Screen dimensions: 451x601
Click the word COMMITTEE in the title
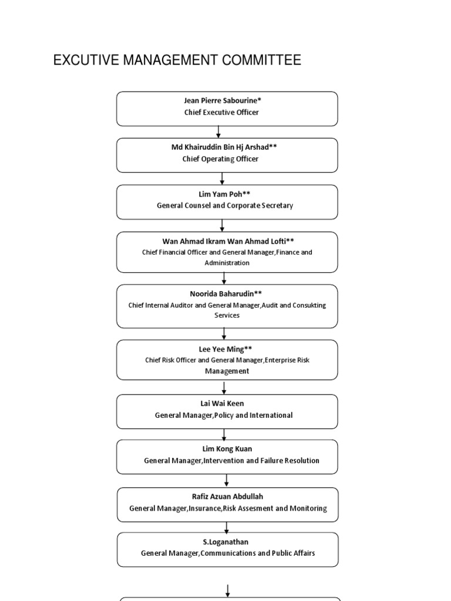(x=261, y=60)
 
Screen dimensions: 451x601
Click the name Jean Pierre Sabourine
(x=221, y=100)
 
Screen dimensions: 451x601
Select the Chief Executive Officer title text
(x=221, y=112)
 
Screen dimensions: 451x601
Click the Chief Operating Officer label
(x=221, y=158)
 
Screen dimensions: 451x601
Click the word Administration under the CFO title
(x=227, y=263)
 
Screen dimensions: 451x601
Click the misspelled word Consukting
(x=309, y=305)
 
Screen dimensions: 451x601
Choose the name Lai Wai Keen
(x=222, y=404)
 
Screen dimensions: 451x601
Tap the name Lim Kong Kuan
(x=227, y=449)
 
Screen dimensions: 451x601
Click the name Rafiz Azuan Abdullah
(x=227, y=497)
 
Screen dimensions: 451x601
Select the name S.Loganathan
(x=225, y=542)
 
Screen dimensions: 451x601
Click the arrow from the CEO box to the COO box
(x=218, y=132)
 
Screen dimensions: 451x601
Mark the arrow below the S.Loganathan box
(x=228, y=590)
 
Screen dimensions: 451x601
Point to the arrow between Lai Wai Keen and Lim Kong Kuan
(x=224, y=434)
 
